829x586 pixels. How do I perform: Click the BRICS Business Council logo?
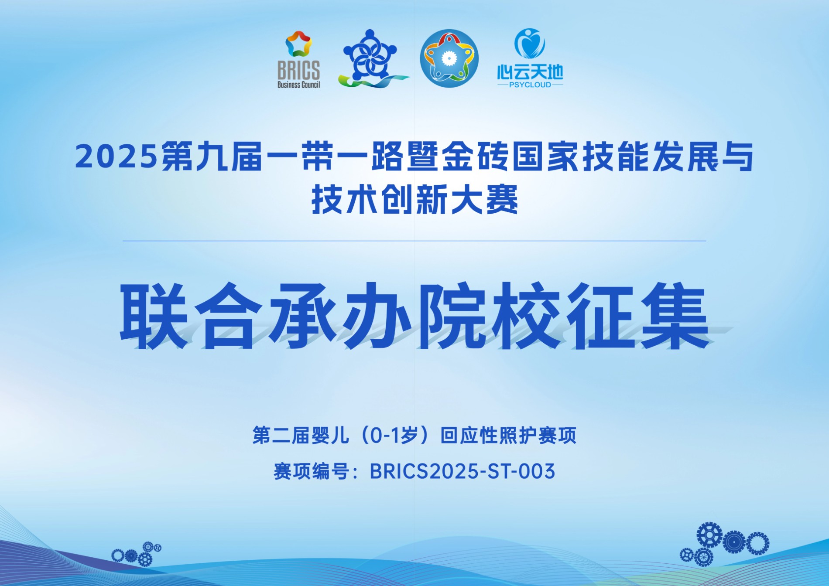click(x=298, y=60)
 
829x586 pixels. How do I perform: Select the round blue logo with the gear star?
click(x=449, y=58)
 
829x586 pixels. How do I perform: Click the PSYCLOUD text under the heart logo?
click(x=530, y=85)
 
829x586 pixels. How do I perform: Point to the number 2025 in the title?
click(x=116, y=157)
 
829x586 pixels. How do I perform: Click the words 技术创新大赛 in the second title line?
click(x=414, y=200)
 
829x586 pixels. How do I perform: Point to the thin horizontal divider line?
click(x=414, y=241)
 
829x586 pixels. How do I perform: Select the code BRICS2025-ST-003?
click(x=462, y=471)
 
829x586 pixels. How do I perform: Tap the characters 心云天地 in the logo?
click(x=530, y=72)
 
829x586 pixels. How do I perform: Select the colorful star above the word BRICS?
click(x=299, y=44)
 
